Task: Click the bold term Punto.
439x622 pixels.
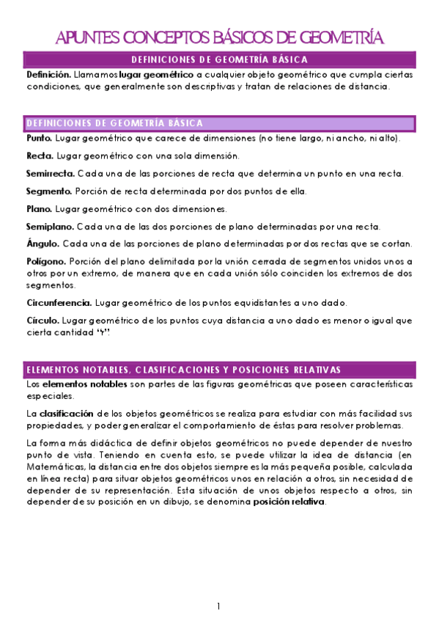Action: click(39, 138)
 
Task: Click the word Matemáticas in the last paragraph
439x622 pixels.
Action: click(55, 466)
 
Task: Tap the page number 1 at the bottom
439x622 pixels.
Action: click(218, 606)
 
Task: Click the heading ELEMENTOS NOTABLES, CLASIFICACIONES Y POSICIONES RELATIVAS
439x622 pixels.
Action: click(183, 369)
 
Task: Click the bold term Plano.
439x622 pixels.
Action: click(38, 209)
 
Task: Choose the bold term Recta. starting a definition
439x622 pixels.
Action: click(39, 155)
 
